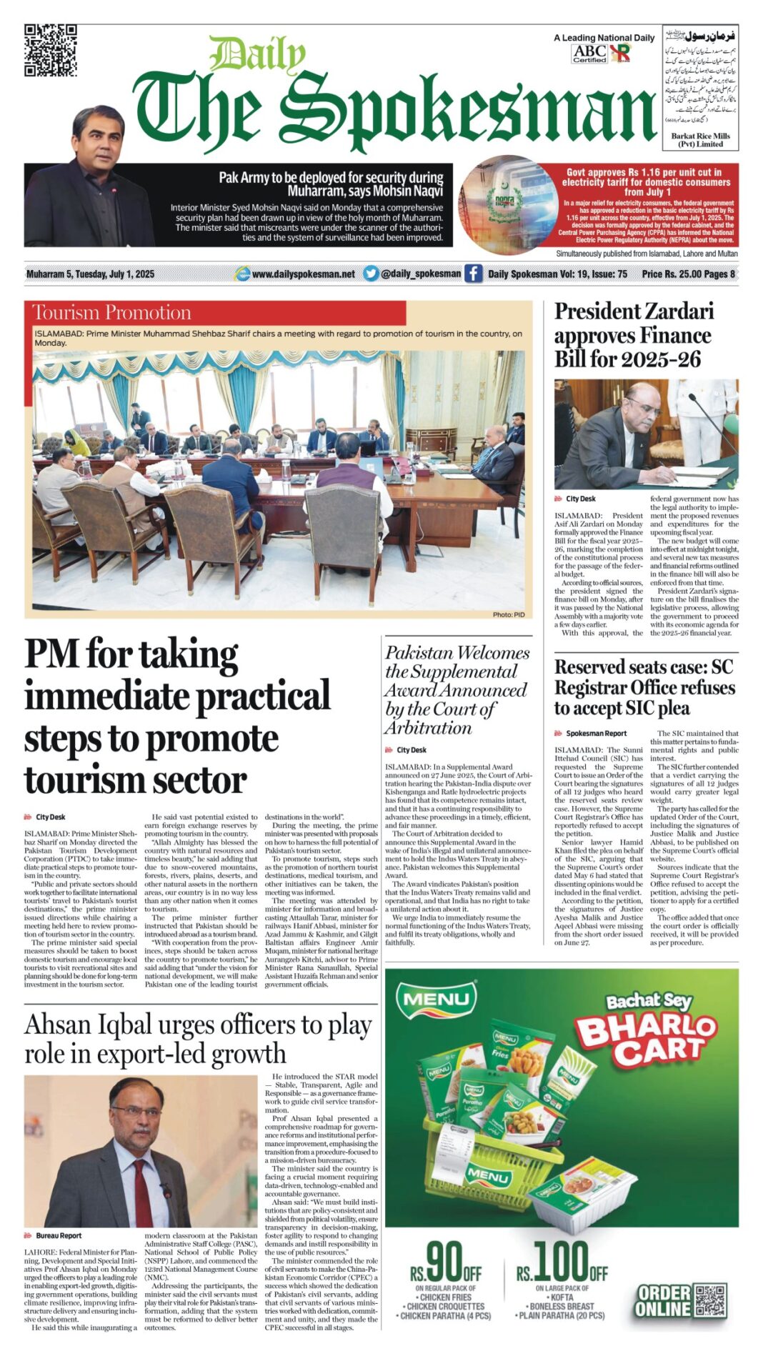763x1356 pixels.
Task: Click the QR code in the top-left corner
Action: coord(51,50)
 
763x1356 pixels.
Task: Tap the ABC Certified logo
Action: coord(589,54)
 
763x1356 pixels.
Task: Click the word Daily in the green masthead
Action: coord(257,54)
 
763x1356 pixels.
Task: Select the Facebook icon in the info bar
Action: coord(474,274)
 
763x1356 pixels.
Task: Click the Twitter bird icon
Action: coord(370,274)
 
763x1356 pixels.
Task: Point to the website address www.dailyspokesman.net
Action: coord(303,274)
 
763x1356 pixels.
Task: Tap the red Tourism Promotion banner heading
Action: coord(112,313)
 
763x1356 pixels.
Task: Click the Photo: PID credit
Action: coord(508,614)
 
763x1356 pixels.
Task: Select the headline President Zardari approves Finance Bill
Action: coord(634,335)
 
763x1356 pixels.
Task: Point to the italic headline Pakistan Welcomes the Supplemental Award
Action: coord(457,690)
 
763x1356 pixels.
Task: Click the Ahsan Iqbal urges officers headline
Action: coord(198,1039)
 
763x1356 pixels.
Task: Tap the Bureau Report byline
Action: coord(59,1235)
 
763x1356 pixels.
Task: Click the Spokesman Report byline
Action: coord(596,733)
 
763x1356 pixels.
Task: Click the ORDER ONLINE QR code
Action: coord(711,1301)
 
